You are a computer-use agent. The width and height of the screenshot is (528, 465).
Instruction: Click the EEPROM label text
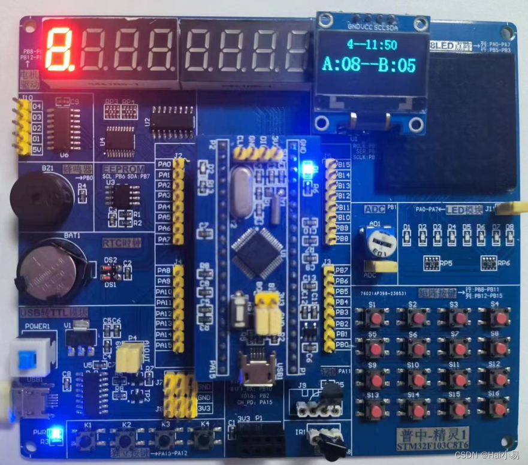123,170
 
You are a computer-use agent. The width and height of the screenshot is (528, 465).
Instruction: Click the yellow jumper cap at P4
128,357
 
